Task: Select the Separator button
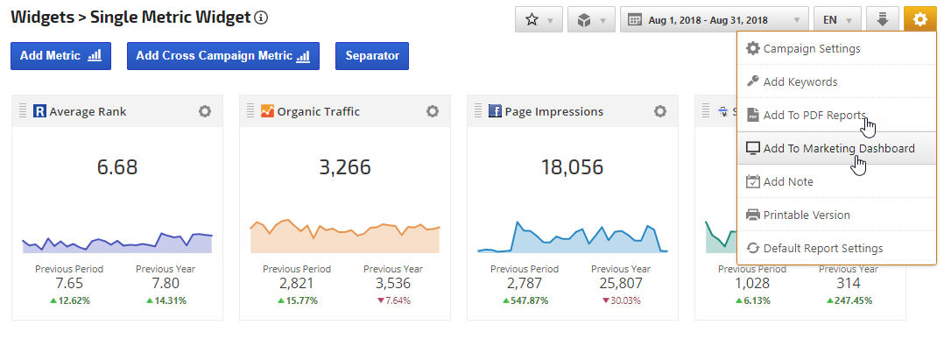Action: [372, 56]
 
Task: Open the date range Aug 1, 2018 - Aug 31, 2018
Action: [714, 19]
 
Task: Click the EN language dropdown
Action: [836, 19]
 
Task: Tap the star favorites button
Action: [539, 19]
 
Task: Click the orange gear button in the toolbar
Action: [919, 19]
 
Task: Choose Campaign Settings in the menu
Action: [811, 49]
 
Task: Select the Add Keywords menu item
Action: [800, 81]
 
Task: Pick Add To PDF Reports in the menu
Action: [814, 115]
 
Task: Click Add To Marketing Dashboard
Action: [838, 148]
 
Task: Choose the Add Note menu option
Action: [788, 181]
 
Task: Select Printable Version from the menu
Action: [806, 215]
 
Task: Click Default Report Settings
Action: [822, 248]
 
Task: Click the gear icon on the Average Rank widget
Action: [205, 111]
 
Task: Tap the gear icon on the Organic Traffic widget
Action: [433, 111]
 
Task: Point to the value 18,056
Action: [572, 167]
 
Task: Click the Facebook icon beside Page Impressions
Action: [495, 111]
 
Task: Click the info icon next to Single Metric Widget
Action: [261, 18]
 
